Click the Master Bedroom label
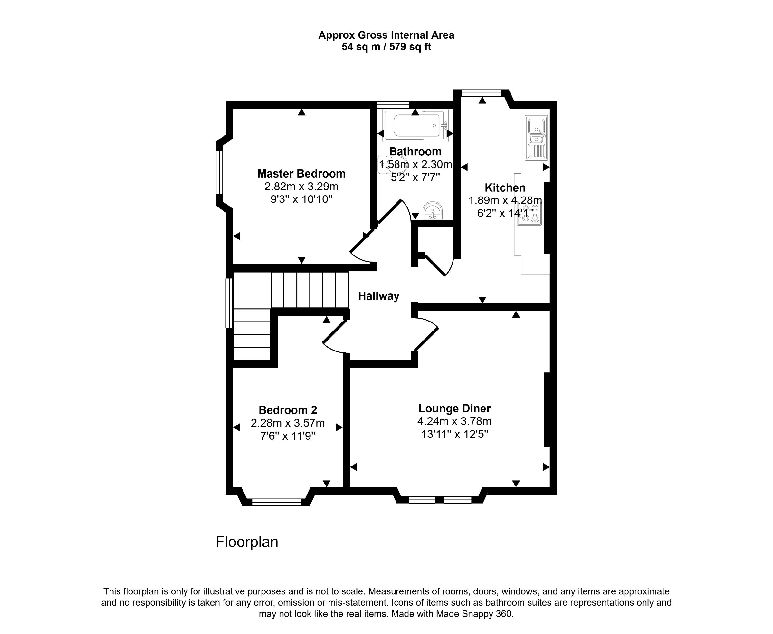pos(301,173)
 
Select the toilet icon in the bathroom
pos(393,165)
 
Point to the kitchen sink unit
pos(536,138)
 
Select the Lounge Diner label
pos(454,408)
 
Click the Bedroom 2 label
pos(288,410)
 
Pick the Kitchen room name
pos(505,188)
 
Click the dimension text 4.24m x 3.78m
pos(454,421)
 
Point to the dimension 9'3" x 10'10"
pos(301,199)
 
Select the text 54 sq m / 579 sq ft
pos(386,47)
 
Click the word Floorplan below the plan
pos(247,542)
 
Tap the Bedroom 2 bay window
pos(277,502)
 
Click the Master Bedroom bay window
pos(219,172)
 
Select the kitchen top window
pos(481,93)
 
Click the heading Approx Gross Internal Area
pos(386,35)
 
